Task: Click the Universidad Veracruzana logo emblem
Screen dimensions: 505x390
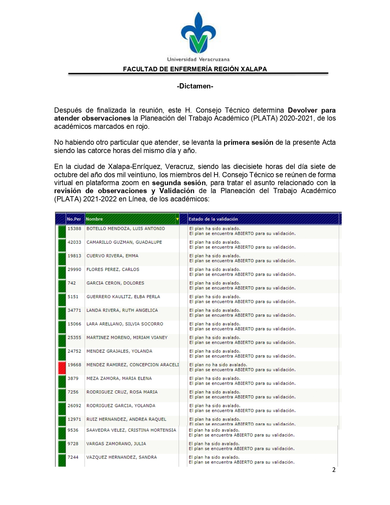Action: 198,33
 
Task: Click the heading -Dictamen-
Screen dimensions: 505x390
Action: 195,86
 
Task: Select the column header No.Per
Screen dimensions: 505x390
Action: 74,219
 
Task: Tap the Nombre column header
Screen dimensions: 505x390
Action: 95,219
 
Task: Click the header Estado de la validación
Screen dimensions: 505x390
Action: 213,219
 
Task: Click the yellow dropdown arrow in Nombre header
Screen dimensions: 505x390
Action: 177,219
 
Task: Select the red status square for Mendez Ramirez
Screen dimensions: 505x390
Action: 62,367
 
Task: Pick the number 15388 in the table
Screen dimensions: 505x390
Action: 74,229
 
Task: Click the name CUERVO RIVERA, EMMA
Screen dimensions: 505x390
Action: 112,256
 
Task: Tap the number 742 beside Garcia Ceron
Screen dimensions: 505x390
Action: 72,283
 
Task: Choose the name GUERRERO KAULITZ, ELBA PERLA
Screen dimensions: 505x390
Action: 123,297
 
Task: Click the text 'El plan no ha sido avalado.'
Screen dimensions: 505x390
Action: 218,365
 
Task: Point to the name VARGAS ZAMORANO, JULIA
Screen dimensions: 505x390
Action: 116,444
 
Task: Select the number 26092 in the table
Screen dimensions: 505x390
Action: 74,406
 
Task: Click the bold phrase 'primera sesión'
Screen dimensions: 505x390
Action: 248,143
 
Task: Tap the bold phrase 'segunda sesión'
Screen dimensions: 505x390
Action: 179,183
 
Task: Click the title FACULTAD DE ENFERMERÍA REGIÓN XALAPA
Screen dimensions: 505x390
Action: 195,69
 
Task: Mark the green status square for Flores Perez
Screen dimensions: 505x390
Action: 62,272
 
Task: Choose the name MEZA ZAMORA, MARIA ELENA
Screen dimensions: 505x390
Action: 119,379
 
